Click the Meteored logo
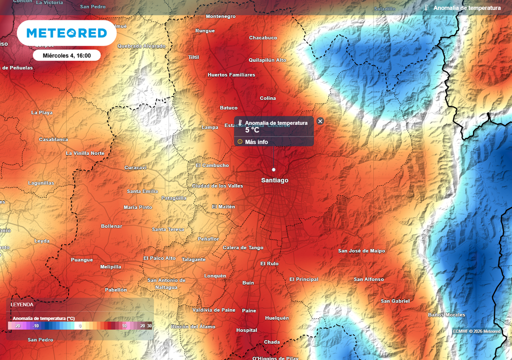pos(66,33)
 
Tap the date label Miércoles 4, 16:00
pos(67,55)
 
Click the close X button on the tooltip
pos(320,121)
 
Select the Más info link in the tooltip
pos(256,142)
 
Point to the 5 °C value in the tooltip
pos(252,130)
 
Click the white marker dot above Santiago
pos(273,169)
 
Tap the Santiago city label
pos(274,180)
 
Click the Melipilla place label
pos(110,267)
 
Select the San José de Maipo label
pos(361,251)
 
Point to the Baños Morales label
pos(446,315)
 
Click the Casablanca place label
pos(53,139)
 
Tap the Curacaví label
pos(135,167)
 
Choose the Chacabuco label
pos(263,38)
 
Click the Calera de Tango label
pos(243,248)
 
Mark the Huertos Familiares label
pos(231,75)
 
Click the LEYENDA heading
pos(22,304)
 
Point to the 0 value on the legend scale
pos(80,326)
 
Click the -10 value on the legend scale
pos(35,326)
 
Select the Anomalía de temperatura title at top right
pos(467,8)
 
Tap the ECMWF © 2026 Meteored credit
pos(476,331)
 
